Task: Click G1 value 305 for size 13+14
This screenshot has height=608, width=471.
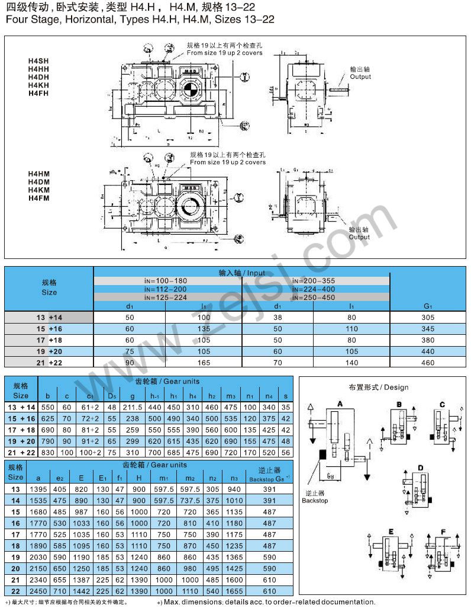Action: coord(427,318)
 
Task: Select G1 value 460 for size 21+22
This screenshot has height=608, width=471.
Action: coord(427,362)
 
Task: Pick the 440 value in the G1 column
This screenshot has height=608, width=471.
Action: coord(427,351)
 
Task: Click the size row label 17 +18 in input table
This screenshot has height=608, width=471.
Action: coord(49,340)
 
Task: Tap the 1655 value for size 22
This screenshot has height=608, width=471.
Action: coord(235,591)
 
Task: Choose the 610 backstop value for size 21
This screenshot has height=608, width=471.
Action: coord(270,580)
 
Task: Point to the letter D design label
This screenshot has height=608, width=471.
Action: coord(421,468)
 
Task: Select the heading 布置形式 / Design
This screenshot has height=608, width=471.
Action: coord(379,387)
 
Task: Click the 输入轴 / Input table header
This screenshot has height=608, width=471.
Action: coord(242,273)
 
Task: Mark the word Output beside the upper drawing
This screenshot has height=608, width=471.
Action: coord(360,76)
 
